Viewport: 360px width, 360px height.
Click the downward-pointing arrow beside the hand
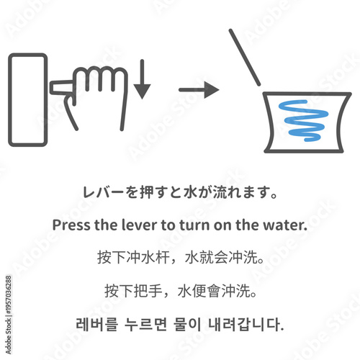tap(142, 81)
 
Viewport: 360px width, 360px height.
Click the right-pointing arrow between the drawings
tap(199, 90)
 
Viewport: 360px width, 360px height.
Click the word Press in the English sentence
tap(71, 225)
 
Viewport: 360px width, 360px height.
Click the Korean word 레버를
tap(93, 323)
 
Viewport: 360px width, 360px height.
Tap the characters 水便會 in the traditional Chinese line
tap(202, 290)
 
